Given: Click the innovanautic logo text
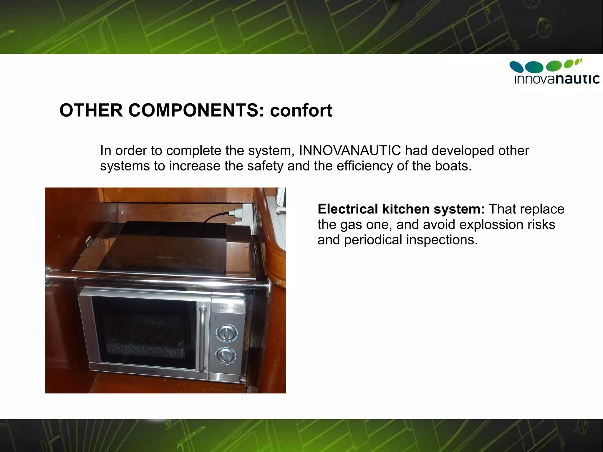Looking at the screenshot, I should tap(557, 79).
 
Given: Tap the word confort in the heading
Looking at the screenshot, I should tap(301, 110).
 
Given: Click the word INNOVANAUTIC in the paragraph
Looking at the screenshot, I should tap(350, 150).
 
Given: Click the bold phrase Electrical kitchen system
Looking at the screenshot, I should tap(401, 209).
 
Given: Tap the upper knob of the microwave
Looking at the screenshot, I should tap(226, 334).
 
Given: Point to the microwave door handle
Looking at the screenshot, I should tap(202, 339).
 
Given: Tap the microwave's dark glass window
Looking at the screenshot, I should tap(144, 334).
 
